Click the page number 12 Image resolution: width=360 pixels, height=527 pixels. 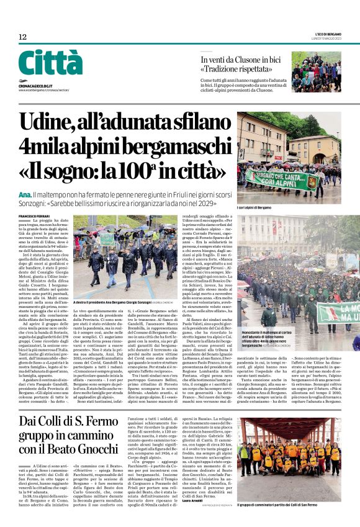pos(23,37)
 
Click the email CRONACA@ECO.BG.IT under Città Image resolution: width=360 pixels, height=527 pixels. pos(38,82)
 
